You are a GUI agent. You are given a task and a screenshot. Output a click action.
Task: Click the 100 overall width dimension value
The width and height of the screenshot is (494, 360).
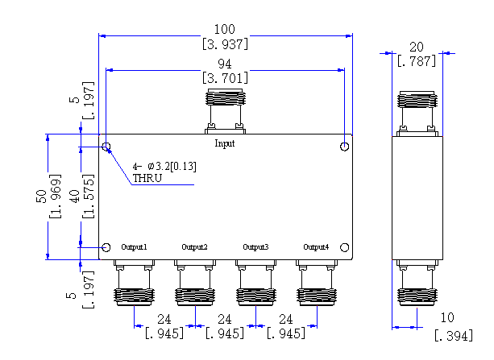[x=225, y=29]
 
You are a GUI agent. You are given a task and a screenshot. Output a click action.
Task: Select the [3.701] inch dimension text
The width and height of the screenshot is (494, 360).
[x=226, y=78]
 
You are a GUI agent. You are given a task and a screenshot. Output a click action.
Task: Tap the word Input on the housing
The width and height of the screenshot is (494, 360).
[x=225, y=143]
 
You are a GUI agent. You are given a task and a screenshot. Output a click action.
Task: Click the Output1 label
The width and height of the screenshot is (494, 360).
[x=135, y=247]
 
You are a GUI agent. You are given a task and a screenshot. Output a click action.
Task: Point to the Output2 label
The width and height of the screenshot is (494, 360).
[x=195, y=247]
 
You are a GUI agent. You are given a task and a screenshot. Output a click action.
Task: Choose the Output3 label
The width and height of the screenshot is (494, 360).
[x=255, y=247]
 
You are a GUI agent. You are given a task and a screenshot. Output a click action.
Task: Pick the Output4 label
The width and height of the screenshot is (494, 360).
[x=316, y=247]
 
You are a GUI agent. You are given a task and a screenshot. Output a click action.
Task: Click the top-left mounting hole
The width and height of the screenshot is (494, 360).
[x=106, y=147]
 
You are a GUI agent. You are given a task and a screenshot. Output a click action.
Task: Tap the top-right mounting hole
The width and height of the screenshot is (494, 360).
[x=345, y=147]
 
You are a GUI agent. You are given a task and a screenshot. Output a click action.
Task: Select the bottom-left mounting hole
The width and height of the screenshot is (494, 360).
[x=106, y=247]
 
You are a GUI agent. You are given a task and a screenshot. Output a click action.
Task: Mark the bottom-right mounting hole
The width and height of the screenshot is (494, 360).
[x=345, y=247]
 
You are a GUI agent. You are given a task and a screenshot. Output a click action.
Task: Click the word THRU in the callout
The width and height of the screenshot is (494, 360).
[x=147, y=178]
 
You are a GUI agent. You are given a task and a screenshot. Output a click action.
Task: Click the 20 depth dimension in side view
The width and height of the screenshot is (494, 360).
[x=417, y=48]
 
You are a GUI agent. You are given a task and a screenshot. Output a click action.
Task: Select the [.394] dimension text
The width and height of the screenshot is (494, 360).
[x=454, y=336]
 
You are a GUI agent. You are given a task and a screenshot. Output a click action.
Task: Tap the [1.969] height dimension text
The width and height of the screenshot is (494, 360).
[x=55, y=196]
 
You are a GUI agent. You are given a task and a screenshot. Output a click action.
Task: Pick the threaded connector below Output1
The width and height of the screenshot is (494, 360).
[x=134, y=283]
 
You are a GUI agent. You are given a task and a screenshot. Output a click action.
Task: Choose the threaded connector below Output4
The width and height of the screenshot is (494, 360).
[x=317, y=283]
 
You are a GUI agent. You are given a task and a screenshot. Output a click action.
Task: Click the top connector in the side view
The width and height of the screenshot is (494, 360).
[x=417, y=114]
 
